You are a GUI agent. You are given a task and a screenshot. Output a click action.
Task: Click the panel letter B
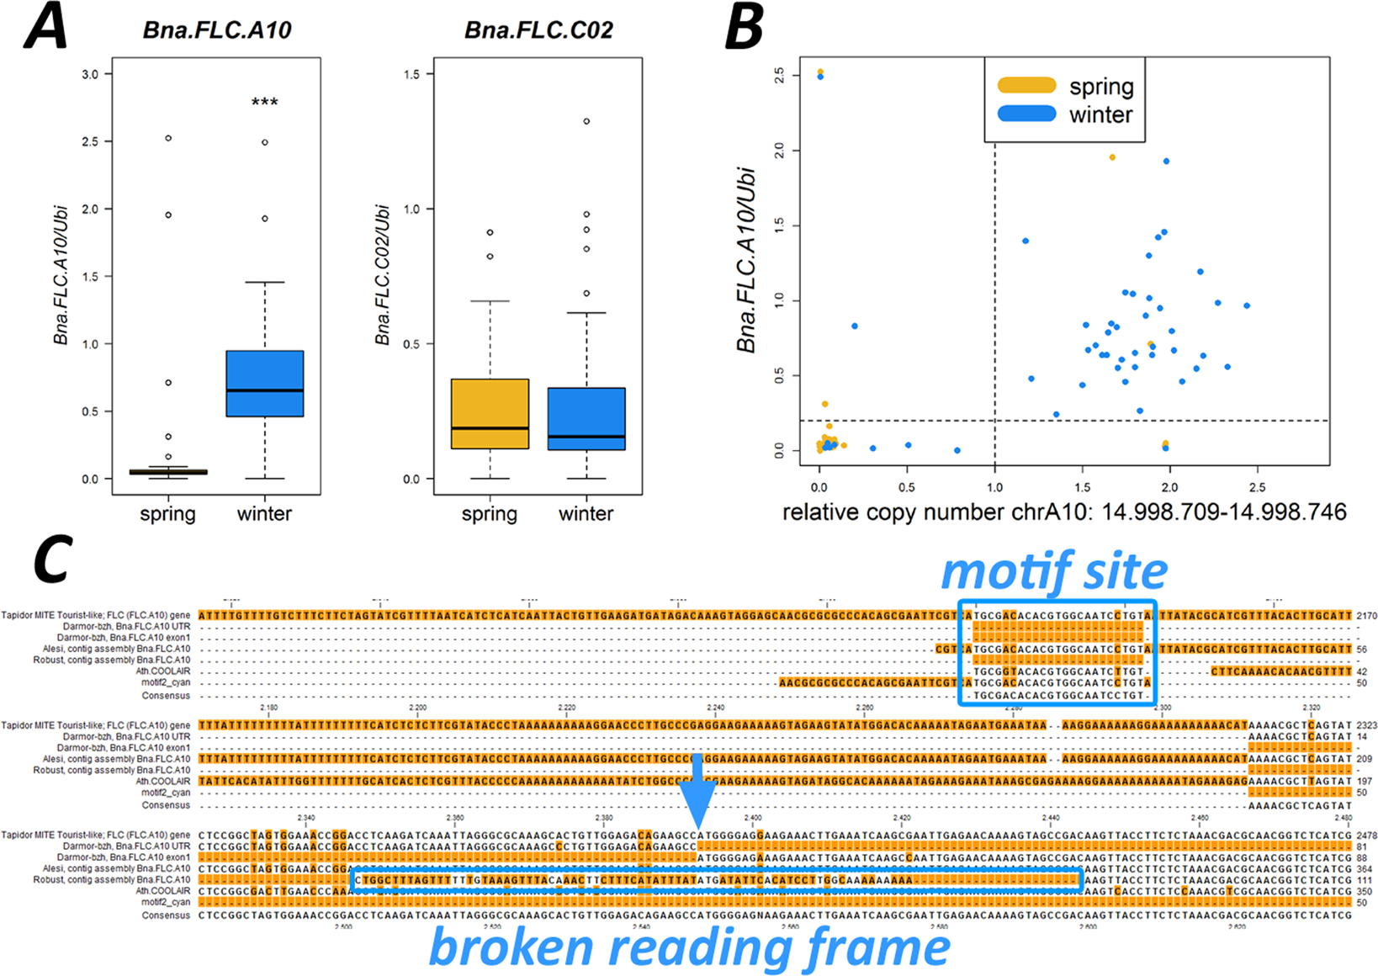coord(744,27)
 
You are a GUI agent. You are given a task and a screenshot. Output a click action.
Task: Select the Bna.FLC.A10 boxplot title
coord(217,30)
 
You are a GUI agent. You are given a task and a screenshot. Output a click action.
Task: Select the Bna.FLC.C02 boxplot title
coord(538,30)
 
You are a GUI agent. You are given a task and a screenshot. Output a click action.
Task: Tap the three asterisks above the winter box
coord(264,103)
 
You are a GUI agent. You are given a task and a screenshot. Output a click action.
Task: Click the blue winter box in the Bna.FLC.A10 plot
coord(264,384)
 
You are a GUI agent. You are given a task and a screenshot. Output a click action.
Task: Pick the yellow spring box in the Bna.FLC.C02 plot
coord(490,413)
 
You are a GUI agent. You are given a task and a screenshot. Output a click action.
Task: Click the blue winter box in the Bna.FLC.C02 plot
coord(586,419)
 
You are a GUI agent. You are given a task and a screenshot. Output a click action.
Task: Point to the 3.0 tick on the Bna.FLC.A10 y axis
coord(90,75)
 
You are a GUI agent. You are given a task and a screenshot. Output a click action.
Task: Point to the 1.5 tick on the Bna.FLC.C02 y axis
coord(411,75)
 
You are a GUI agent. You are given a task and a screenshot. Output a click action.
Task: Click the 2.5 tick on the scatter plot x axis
coord(1257,487)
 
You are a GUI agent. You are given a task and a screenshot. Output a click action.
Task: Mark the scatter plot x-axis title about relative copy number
coord(1064,512)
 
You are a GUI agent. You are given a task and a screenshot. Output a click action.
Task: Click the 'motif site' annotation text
coord(1054,572)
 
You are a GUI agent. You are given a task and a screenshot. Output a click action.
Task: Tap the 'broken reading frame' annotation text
coord(690,947)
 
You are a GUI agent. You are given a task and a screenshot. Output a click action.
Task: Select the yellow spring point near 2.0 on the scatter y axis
coord(1112,157)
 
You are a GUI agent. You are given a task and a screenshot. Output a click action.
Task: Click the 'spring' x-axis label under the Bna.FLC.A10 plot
coord(167,513)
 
